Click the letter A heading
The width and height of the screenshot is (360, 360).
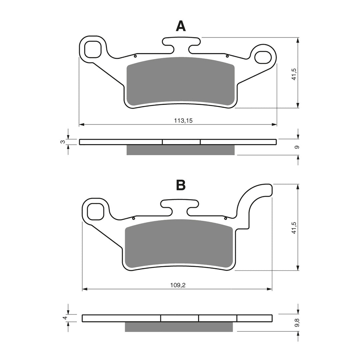(x=181, y=26)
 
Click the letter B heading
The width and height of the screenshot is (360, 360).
(x=181, y=185)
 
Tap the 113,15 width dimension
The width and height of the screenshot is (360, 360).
(x=183, y=121)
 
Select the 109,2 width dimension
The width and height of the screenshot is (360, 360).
(x=178, y=285)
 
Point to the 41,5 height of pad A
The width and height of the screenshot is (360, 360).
(x=294, y=73)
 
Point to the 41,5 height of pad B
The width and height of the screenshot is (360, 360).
(x=294, y=227)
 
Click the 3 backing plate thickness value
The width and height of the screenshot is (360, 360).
(x=62, y=142)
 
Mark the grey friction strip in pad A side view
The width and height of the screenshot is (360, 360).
(x=180, y=150)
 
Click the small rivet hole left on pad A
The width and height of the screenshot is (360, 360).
(x=135, y=56)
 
